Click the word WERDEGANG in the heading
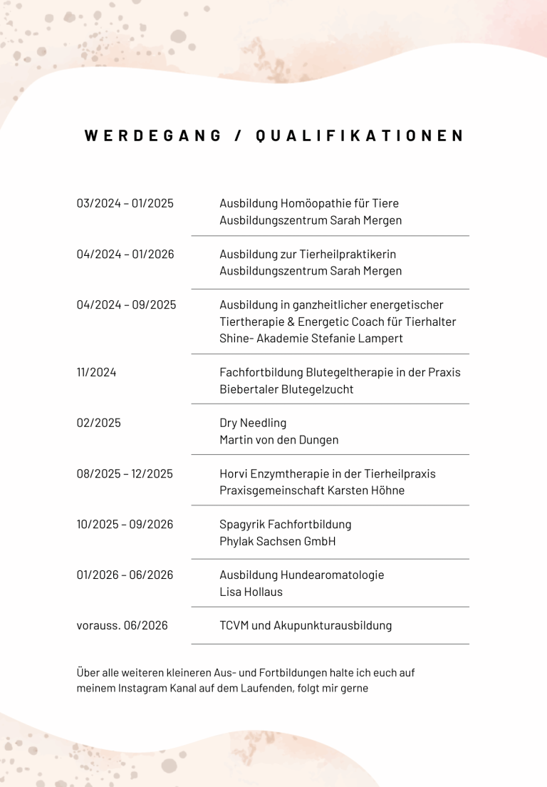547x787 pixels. (x=153, y=135)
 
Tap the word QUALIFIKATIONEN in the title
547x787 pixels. (x=360, y=135)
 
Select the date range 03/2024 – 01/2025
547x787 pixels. (x=125, y=203)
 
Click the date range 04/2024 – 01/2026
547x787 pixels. (x=125, y=254)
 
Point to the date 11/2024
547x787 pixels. (x=96, y=372)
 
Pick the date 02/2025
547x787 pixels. (x=99, y=423)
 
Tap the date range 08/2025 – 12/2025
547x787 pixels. (x=125, y=473)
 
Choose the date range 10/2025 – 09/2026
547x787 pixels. (x=125, y=524)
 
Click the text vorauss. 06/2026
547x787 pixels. (x=123, y=625)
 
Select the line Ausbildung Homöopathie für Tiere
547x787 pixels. (x=309, y=203)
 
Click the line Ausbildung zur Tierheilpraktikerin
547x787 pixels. (x=308, y=254)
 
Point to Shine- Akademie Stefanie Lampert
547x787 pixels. (x=311, y=338)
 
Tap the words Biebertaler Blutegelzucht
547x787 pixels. (x=286, y=389)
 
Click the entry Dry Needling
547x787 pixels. (x=253, y=423)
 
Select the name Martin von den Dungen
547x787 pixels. (x=279, y=440)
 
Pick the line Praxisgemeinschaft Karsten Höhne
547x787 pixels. (x=312, y=490)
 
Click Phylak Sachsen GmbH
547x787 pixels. (x=278, y=541)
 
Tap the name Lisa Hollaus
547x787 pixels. (x=251, y=592)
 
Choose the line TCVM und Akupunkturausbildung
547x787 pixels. (x=306, y=625)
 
